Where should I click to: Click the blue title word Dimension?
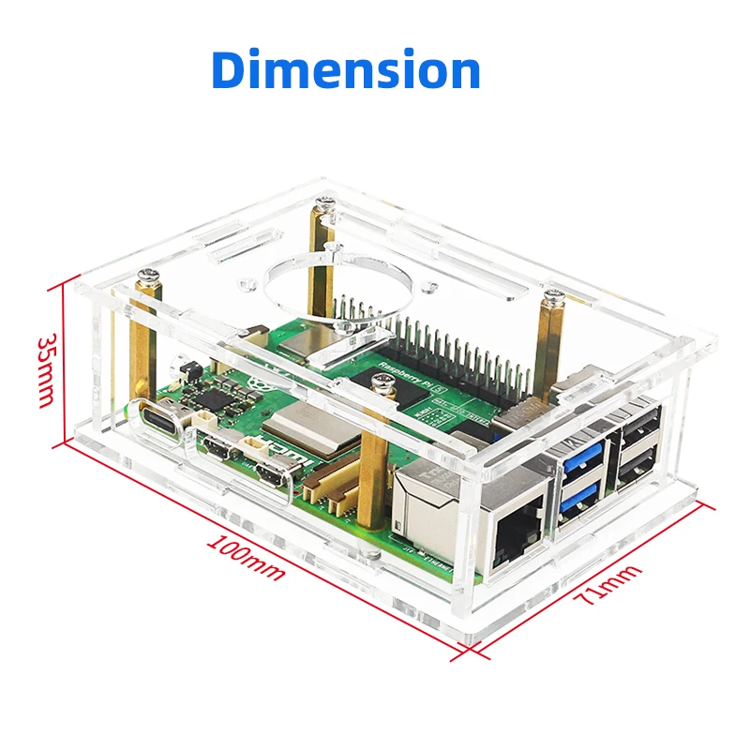[x=346, y=70]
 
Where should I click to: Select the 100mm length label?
[x=246, y=557]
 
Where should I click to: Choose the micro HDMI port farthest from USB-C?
[x=271, y=476]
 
